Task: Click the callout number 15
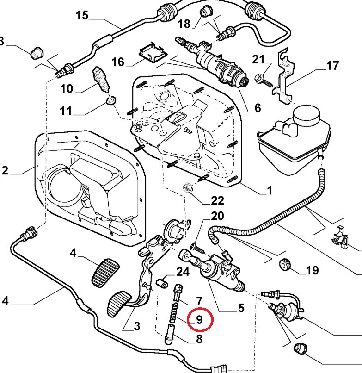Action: (82, 16)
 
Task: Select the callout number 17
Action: (332, 66)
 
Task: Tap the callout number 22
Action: (217, 200)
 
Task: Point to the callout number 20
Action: (217, 216)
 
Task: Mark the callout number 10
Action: (67, 88)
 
